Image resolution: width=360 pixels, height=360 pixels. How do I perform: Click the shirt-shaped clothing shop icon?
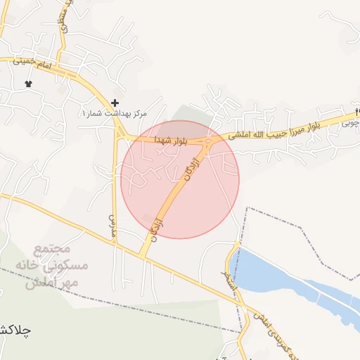point(29,84)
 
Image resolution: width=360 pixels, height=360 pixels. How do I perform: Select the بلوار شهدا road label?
point(169,141)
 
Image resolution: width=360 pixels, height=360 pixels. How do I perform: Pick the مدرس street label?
point(112,225)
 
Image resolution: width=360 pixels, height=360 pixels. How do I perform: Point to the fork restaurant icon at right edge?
point(357,112)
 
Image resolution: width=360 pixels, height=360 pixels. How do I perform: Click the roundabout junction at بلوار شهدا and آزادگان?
point(210,143)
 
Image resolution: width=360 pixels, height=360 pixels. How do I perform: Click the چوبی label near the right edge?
point(349,122)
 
